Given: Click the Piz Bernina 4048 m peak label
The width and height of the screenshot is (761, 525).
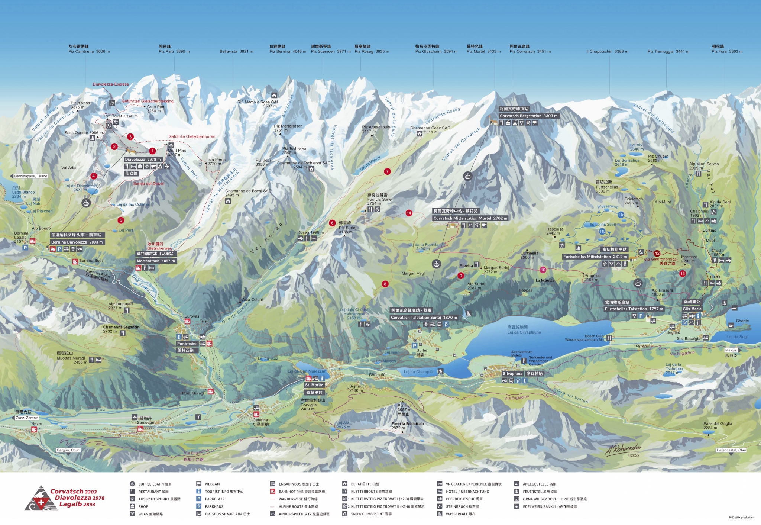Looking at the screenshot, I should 288,51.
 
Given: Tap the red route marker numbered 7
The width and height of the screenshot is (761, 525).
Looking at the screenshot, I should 387,171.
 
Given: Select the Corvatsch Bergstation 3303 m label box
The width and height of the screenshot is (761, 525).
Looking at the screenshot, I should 528,116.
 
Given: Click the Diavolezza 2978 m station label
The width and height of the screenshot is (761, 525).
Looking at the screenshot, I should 143,160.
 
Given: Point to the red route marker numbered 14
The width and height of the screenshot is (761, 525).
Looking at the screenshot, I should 409,213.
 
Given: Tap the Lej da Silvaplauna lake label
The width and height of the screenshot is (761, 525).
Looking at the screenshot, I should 524,332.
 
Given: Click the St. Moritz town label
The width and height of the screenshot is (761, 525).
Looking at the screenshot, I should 314,385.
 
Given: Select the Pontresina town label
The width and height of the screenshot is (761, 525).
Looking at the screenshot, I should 187,344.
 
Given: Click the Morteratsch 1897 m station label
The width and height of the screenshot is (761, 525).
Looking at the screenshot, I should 156,261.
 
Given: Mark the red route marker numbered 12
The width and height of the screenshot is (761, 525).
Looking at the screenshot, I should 657,254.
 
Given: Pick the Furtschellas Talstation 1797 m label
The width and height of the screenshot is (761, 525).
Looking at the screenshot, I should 634,309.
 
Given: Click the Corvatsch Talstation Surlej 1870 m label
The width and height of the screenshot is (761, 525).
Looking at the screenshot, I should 424,318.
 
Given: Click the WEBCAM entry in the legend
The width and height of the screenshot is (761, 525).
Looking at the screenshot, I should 212,484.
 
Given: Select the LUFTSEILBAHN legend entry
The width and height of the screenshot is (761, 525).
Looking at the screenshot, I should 155,484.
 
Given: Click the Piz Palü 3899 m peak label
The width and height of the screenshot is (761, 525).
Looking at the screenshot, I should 174,51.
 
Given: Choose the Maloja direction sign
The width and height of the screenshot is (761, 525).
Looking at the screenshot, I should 730,350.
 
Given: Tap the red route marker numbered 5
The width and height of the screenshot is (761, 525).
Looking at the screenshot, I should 121,220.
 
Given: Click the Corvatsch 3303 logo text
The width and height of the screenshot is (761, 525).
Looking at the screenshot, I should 73,492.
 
